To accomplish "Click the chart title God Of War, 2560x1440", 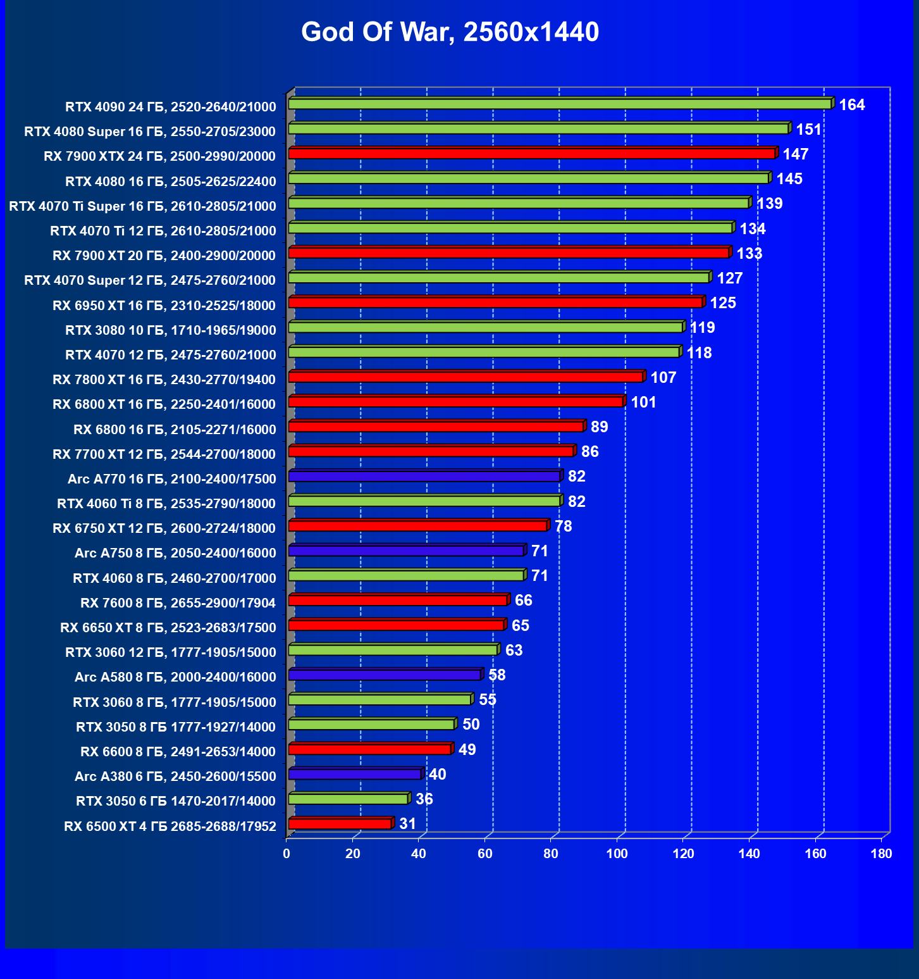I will click(x=450, y=32).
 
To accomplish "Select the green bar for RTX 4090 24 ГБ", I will click(x=560, y=104).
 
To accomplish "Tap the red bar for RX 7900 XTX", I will click(x=532, y=154).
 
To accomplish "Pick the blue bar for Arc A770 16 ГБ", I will click(x=424, y=476).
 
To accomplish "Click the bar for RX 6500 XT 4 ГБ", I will click(x=340, y=823).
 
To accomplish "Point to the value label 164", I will click(x=851, y=104).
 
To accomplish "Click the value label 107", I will click(x=663, y=377).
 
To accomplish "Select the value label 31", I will click(x=407, y=823).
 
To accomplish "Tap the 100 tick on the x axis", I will click(x=617, y=854).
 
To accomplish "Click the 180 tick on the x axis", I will click(x=881, y=854).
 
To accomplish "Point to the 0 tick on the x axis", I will click(x=287, y=854).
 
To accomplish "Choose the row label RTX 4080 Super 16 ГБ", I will click(x=150, y=132).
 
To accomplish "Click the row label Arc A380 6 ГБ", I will click(x=175, y=776).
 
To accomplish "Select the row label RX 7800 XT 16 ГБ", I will click(x=164, y=380).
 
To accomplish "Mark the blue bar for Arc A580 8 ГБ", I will click(x=385, y=675).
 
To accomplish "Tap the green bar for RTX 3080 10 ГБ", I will click(x=485, y=327).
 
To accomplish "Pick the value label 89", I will click(x=599, y=427).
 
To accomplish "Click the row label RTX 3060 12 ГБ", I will click(x=171, y=652).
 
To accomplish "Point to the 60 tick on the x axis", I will click(x=484, y=854).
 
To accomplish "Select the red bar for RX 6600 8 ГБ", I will click(x=369, y=749).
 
